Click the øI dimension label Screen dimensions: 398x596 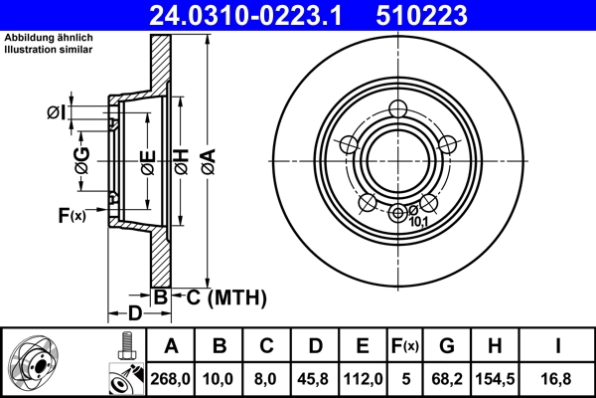(x=57, y=111)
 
